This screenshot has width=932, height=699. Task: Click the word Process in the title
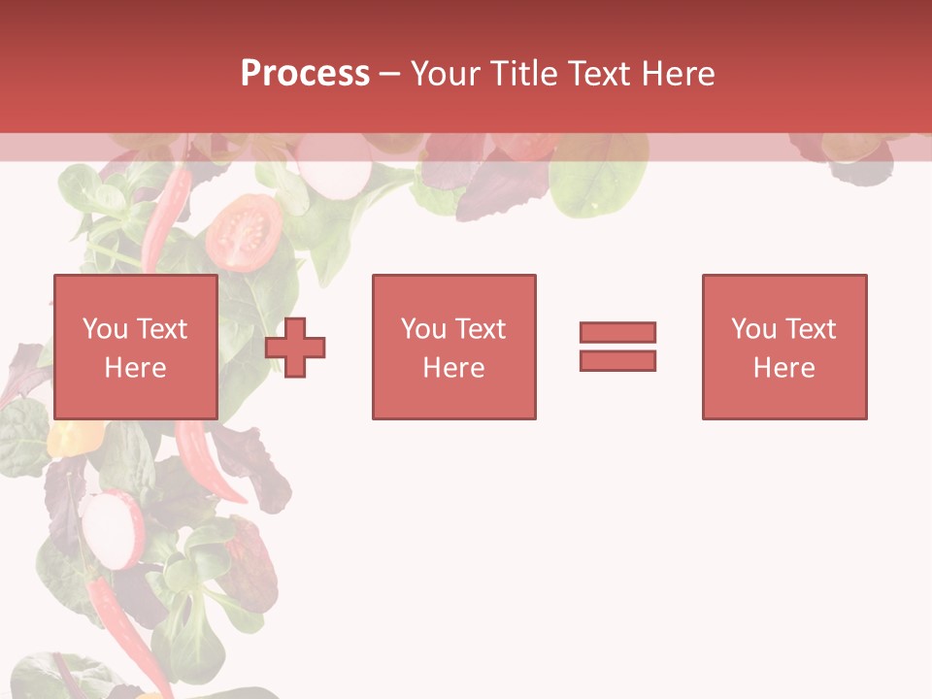(x=305, y=74)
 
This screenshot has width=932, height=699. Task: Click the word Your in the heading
(x=446, y=74)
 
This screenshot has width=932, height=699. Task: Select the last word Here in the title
(x=677, y=74)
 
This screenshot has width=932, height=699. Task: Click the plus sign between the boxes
(x=295, y=347)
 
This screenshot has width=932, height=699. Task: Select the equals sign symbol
(x=617, y=347)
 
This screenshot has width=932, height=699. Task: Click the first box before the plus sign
(x=135, y=347)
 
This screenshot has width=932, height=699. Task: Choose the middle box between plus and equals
(x=453, y=347)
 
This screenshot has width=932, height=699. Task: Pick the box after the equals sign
(x=783, y=347)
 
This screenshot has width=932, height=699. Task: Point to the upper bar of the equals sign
(x=617, y=332)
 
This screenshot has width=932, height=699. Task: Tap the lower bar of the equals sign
(x=617, y=360)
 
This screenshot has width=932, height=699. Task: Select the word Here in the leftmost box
(x=135, y=368)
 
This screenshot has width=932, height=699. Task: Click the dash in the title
(x=389, y=74)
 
